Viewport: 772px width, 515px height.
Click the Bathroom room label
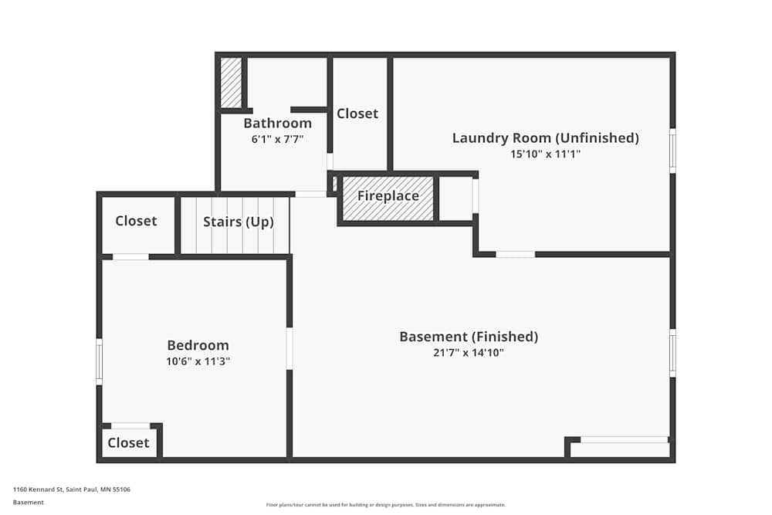(x=277, y=124)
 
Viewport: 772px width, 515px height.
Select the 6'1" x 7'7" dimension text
(x=277, y=140)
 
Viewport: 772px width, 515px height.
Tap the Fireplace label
(x=388, y=196)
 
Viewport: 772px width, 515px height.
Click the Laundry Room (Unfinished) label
(x=545, y=138)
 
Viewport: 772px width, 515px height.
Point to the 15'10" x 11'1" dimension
(x=545, y=154)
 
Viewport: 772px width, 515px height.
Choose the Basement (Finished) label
(x=468, y=337)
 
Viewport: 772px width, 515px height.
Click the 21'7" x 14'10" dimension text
(x=468, y=353)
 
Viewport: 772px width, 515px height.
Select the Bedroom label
(x=198, y=345)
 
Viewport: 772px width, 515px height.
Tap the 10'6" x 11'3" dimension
(x=198, y=361)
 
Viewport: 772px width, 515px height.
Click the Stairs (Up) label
(x=238, y=222)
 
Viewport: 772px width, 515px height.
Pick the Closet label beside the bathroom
(x=357, y=114)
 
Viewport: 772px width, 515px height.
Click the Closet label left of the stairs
(x=136, y=221)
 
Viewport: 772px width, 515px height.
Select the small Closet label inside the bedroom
(x=128, y=443)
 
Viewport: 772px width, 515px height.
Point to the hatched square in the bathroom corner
(x=231, y=83)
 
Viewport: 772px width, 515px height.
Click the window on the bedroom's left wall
(x=99, y=361)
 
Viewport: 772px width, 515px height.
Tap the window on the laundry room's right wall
(x=672, y=151)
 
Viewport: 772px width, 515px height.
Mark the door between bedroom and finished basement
(x=289, y=348)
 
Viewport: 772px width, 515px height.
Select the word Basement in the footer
(x=29, y=502)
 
